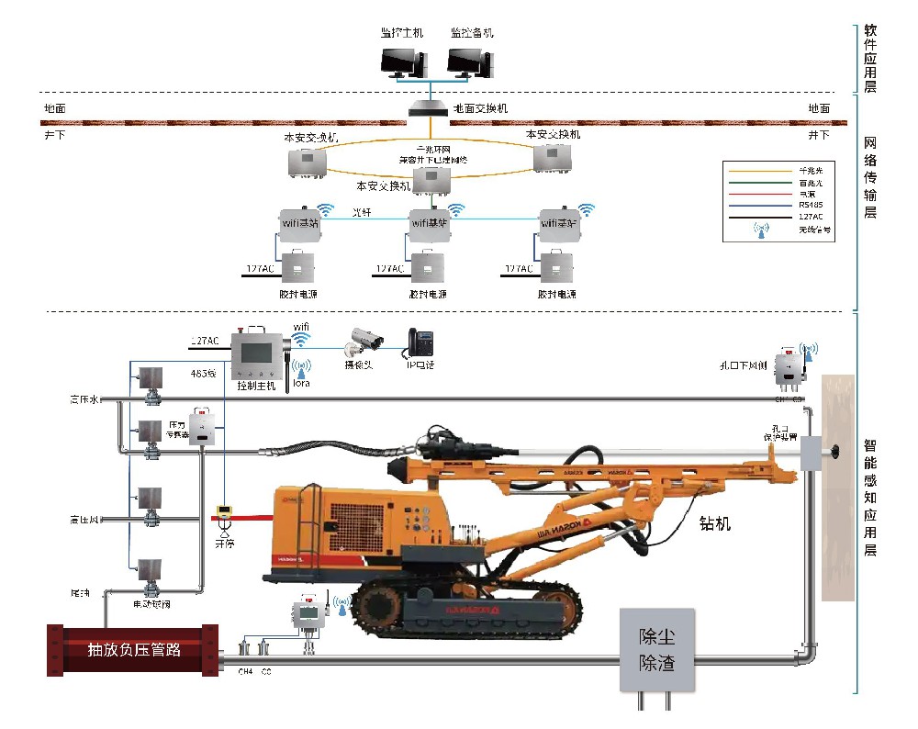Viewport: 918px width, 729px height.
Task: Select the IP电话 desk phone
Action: click(420, 342)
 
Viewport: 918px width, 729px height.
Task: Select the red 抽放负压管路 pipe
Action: click(133, 650)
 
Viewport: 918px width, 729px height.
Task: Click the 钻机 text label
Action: click(715, 524)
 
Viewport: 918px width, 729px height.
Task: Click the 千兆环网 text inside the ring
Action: click(432, 149)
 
